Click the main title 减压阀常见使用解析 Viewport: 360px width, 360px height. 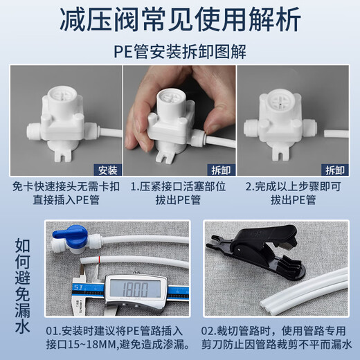[179, 19]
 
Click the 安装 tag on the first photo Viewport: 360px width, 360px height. [107, 169]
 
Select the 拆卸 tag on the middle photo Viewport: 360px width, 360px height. [220, 169]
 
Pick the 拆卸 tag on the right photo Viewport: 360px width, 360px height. [335, 169]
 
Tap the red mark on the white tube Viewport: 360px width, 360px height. [102, 264]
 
